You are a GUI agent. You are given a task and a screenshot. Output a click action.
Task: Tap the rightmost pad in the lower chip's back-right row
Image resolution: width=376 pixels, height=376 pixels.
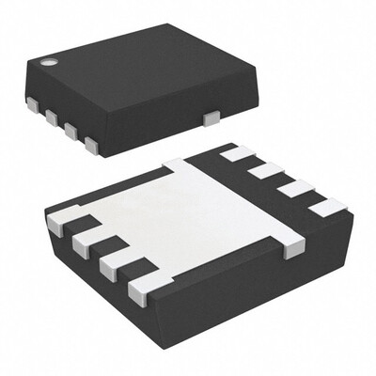[x=326, y=208]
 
